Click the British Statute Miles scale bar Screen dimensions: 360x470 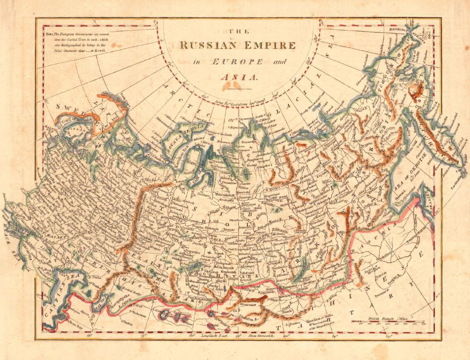[387, 322]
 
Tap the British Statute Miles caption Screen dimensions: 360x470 [388, 318]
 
